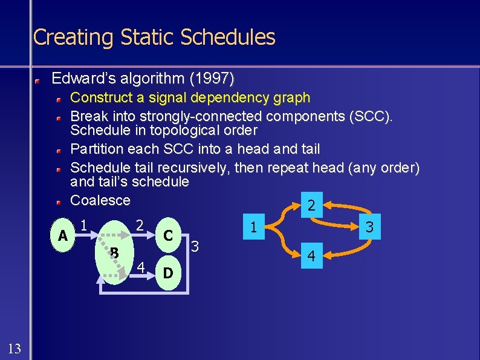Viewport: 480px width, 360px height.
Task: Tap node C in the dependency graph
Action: point(169,234)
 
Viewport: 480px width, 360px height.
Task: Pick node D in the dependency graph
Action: point(169,273)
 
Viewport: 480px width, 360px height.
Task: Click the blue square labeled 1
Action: point(255,228)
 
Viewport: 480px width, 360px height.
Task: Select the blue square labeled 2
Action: point(311,206)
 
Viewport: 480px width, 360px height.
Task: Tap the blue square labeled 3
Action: point(369,228)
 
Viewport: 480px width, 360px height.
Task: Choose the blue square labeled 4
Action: point(311,257)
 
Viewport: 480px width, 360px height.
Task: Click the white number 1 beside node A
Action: point(85,223)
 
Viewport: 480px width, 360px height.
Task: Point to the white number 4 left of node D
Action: point(141,266)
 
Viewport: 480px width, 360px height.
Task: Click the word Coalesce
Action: point(100,200)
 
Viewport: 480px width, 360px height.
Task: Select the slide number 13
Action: point(15,348)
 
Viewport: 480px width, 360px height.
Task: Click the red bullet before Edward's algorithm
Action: point(37,79)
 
